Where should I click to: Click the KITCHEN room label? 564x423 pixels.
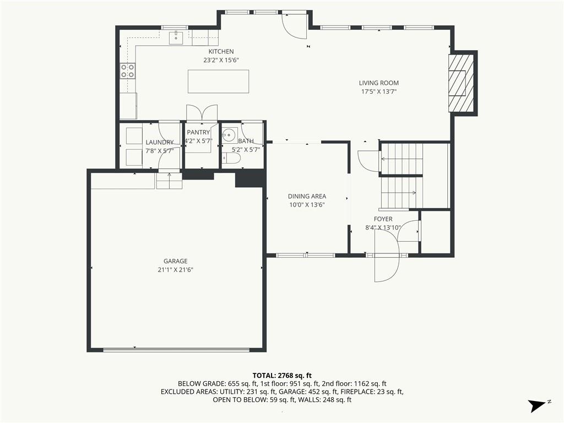coord(221,52)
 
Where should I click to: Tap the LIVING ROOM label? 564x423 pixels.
coord(379,83)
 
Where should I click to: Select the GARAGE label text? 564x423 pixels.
coord(176,261)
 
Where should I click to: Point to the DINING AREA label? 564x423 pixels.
coord(307,197)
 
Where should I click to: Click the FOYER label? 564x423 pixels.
coord(383,219)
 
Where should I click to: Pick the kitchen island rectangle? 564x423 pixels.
coord(218,82)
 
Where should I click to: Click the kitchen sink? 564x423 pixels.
coord(176,38)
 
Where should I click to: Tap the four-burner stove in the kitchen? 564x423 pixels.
coord(128,70)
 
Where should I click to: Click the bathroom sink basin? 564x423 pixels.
coord(229,135)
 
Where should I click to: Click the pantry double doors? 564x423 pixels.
coord(202,112)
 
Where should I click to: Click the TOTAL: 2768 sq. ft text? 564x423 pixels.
coord(282,376)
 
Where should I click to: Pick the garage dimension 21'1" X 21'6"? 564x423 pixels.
coord(176,270)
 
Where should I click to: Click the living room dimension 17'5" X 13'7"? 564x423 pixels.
coord(379,92)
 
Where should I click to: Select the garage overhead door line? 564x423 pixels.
coord(176,349)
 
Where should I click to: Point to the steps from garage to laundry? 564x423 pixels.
coord(169,181)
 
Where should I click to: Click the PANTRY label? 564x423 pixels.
coord(198,132)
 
